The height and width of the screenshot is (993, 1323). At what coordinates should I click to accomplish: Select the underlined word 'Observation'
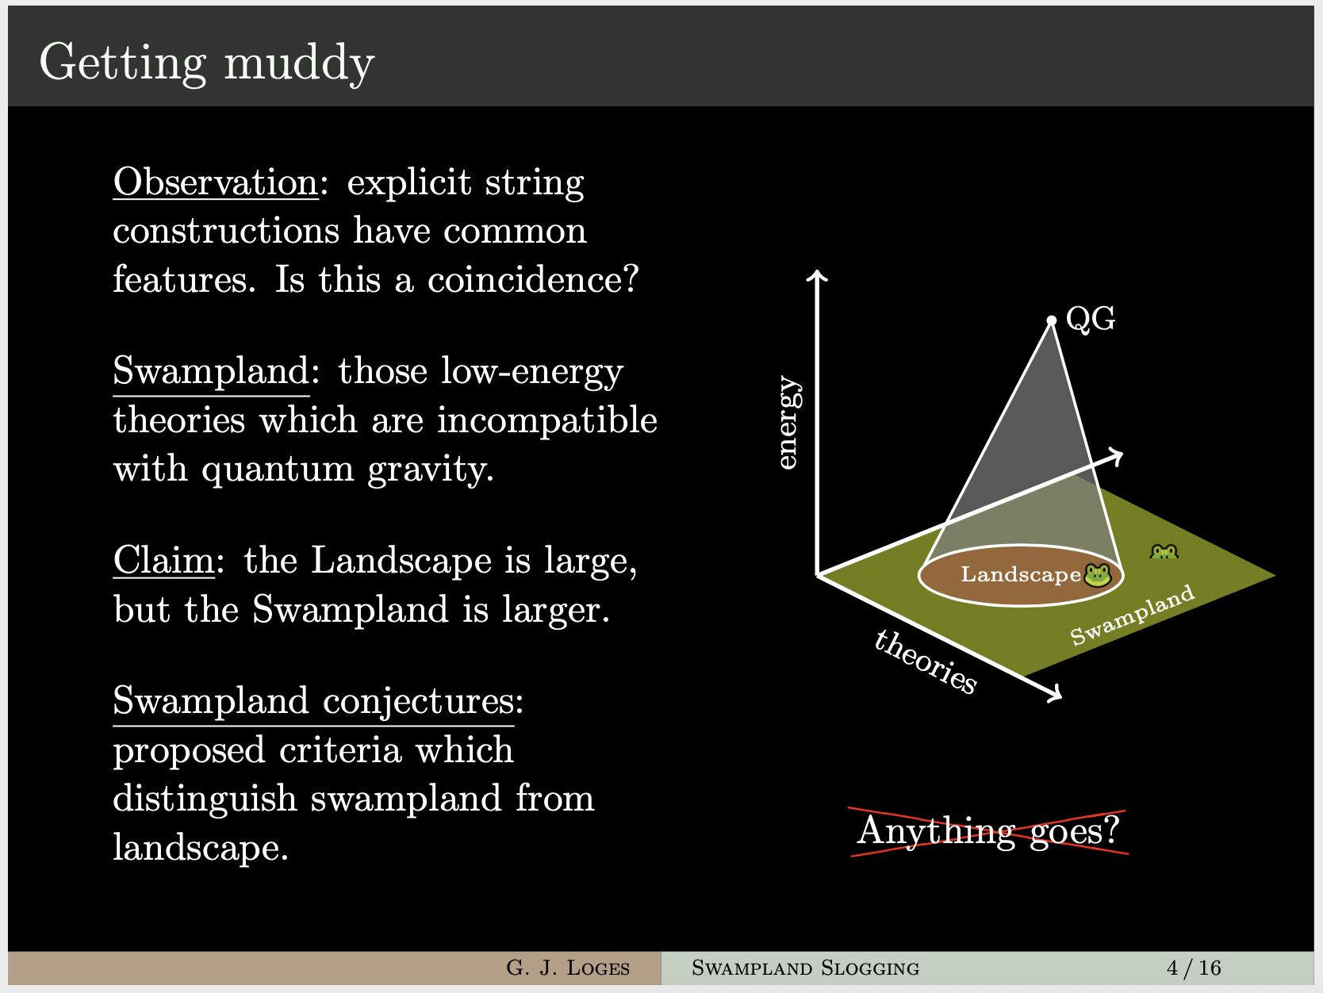click(216, 182)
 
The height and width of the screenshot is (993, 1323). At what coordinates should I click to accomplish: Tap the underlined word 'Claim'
click(164, 561)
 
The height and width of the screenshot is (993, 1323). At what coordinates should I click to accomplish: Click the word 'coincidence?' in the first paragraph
click(533, 280)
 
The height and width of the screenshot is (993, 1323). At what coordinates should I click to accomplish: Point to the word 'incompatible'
click(546, 420)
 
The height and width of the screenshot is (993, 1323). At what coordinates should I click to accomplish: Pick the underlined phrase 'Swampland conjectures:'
click(318, 702)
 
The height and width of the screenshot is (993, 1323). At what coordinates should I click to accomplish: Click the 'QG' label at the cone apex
click(1091, 319)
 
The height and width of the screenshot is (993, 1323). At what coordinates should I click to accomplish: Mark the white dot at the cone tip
click(1051, 320)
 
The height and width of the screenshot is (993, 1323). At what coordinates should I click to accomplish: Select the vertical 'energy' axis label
click(789, 422)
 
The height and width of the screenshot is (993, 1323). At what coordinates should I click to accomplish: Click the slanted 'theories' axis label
click(925, 661)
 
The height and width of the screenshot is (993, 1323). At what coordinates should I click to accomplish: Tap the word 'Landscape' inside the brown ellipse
click(1021, 574)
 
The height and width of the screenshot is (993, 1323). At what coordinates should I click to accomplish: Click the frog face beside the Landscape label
click(1098, 575)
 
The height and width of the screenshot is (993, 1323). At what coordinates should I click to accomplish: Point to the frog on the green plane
click(1164, 551)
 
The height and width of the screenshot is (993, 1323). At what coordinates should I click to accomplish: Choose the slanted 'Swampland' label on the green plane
click(1132, 615)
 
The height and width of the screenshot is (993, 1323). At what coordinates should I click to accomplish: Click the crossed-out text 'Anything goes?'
click(988, 831)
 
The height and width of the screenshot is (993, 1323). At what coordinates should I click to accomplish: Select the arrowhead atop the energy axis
click(817, 275)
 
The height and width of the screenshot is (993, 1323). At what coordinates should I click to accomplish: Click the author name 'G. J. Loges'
click(568, 968)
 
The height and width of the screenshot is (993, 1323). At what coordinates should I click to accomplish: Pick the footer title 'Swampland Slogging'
click(805, 968)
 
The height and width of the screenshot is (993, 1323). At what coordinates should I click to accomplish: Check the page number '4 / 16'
click(1194, 968)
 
